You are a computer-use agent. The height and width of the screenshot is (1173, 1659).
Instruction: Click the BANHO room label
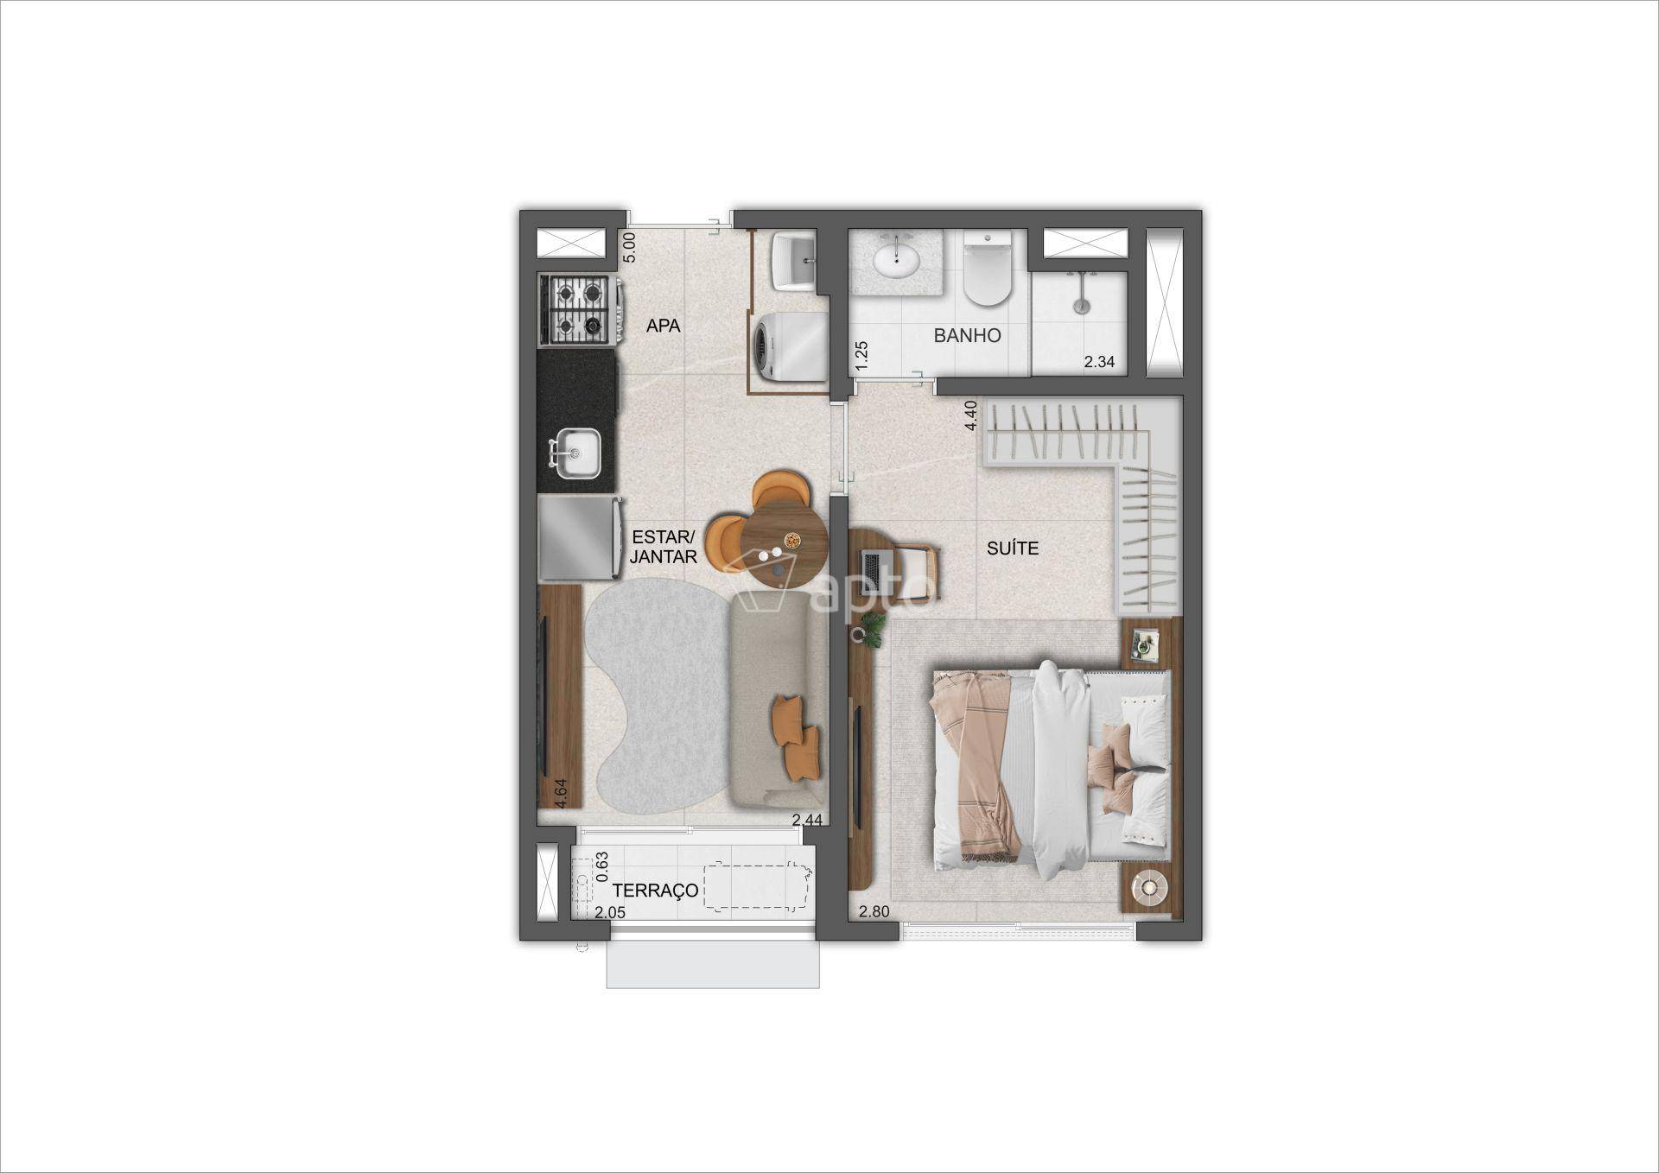[x=967, y=335]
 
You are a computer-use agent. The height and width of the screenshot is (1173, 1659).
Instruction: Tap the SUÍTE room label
[x=1013, y=548]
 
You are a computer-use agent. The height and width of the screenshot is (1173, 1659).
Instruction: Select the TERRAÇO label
[x=656, y=891]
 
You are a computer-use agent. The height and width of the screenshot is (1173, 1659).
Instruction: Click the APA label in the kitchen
[x=664, y=326]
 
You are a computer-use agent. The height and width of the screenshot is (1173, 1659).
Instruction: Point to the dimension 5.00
[x=629, y=247]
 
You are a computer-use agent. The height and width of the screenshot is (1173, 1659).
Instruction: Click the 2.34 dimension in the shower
[x=1099, y=362]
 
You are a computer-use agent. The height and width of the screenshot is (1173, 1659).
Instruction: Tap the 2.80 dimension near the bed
[x=874, y=911]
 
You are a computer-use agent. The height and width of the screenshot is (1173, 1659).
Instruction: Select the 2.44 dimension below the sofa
[x=806, y=820]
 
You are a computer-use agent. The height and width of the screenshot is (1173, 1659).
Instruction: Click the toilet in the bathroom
[x=988, y=268]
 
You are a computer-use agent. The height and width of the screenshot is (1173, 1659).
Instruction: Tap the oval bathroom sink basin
[x=896, y=259]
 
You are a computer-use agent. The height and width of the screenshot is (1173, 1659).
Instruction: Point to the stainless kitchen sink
[x=576, y=453]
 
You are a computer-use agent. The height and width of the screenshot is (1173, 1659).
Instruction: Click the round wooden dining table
[x=785, y=545]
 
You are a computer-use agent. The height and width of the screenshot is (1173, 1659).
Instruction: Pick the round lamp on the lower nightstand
[x=1150, y=885]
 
